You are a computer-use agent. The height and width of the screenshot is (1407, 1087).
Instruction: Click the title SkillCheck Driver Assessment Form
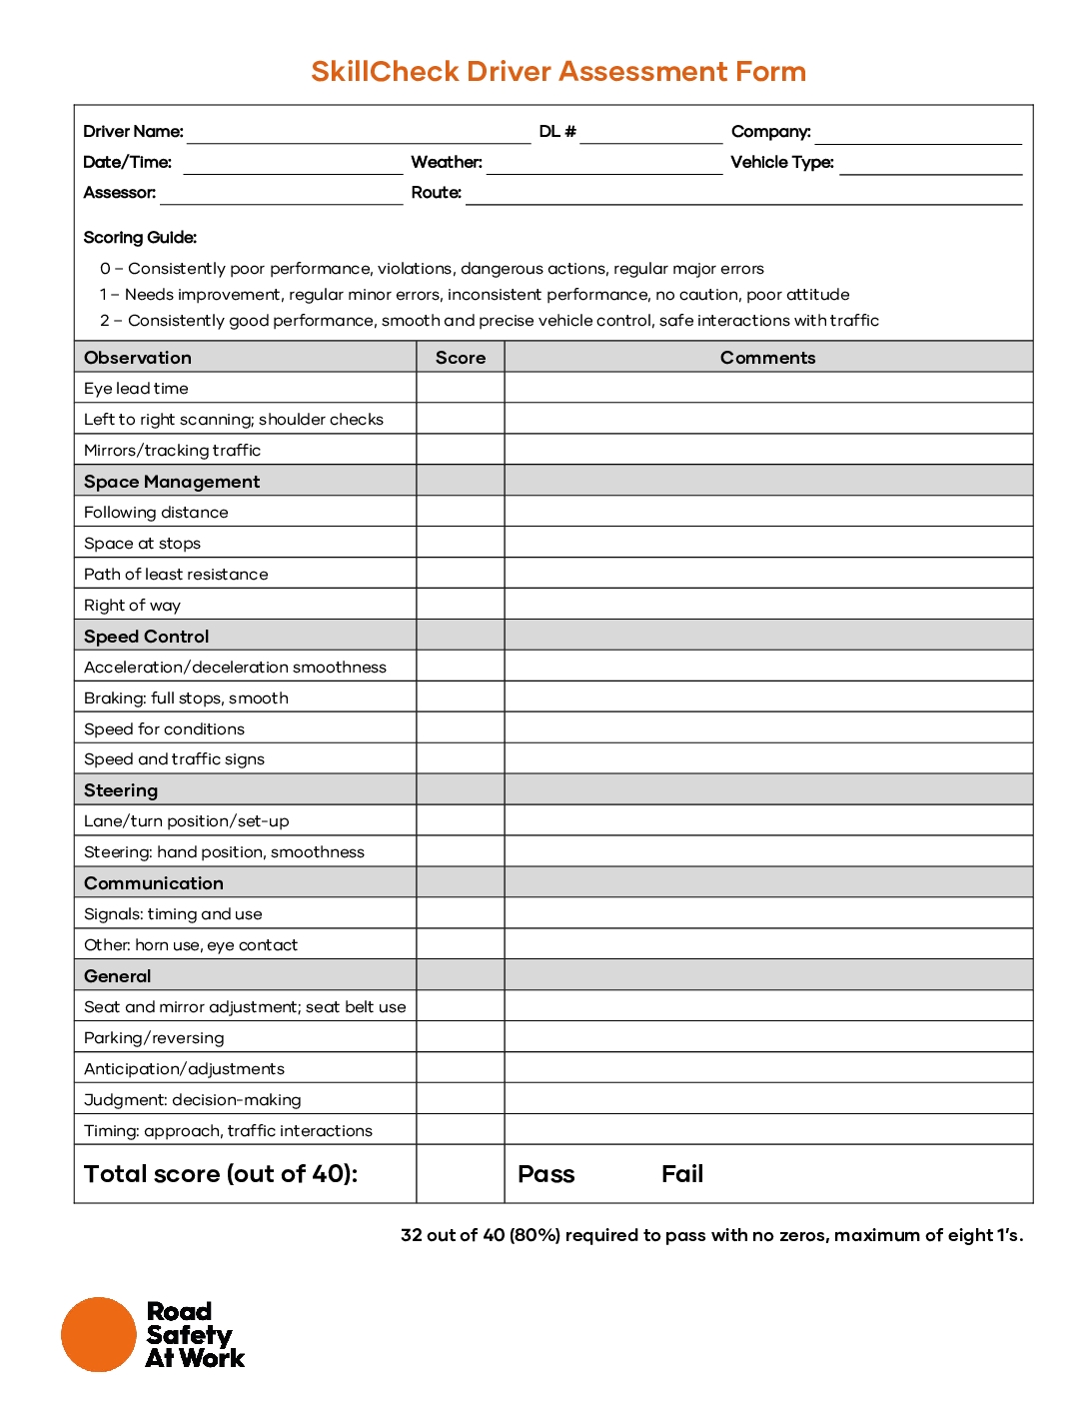[557, 72]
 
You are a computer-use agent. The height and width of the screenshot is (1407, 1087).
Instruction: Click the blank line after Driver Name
[359, 134]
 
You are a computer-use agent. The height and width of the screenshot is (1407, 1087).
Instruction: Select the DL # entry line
[650, 134]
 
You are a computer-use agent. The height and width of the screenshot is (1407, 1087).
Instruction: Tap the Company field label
[770, 132]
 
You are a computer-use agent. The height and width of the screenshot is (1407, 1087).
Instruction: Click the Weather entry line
[603, 165]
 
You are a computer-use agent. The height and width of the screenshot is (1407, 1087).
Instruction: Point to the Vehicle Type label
[781, 163]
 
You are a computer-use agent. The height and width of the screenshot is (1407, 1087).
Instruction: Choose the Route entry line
[743, 195]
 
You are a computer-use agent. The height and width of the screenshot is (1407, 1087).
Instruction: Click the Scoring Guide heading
[140, 238]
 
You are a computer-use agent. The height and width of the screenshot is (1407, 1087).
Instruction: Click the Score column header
[461, 358]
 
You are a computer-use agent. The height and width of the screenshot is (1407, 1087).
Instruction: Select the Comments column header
[767, 358]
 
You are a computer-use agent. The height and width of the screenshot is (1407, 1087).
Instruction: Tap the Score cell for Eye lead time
[461, 389]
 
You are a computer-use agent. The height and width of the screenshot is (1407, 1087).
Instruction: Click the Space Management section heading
[172, 482]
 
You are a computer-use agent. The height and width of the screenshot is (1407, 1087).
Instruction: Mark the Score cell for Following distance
[461, 513]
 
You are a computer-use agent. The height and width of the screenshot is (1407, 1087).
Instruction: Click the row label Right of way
[132, 606]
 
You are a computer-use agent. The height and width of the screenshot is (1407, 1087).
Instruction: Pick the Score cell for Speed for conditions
[461, 729]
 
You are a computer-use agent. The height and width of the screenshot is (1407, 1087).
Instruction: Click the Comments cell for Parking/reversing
[767, 1038]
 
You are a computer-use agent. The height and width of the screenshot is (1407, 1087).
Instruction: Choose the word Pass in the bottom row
[545, 1175]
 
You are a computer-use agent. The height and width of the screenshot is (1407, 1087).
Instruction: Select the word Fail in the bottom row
[682, 1175]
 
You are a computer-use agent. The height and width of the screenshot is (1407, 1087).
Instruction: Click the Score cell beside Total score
[461, 1175]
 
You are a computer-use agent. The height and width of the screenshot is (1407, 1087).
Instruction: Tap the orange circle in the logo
[98, 1335]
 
